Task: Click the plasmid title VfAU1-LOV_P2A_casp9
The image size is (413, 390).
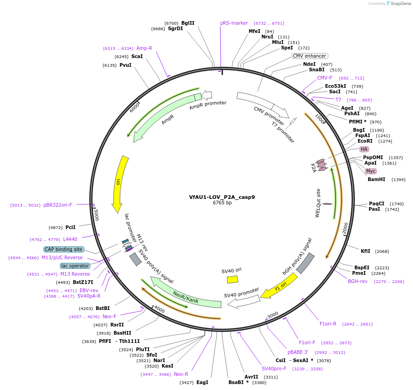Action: pos(222,197)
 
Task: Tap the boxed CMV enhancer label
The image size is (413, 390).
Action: pos(310,56)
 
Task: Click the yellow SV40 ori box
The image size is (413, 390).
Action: pos(233,279)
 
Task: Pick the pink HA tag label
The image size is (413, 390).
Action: pos(364,149)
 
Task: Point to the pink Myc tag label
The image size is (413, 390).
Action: pos(371,171)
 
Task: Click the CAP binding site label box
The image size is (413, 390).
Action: pos(64,249)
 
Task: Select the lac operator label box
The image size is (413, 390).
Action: pos(75,266)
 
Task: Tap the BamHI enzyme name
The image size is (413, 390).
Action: pos(376,179)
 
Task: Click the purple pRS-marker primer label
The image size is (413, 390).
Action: pos(234,23)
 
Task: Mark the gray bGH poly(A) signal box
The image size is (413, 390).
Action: pos(305,263)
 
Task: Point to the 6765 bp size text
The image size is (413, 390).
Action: pos(222,203)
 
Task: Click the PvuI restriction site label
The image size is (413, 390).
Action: pos(125,65)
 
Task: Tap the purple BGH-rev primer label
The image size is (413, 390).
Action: pos(358,281)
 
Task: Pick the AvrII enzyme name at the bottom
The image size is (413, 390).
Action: pos(251,377)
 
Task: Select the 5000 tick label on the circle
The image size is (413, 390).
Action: pos(96,214)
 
